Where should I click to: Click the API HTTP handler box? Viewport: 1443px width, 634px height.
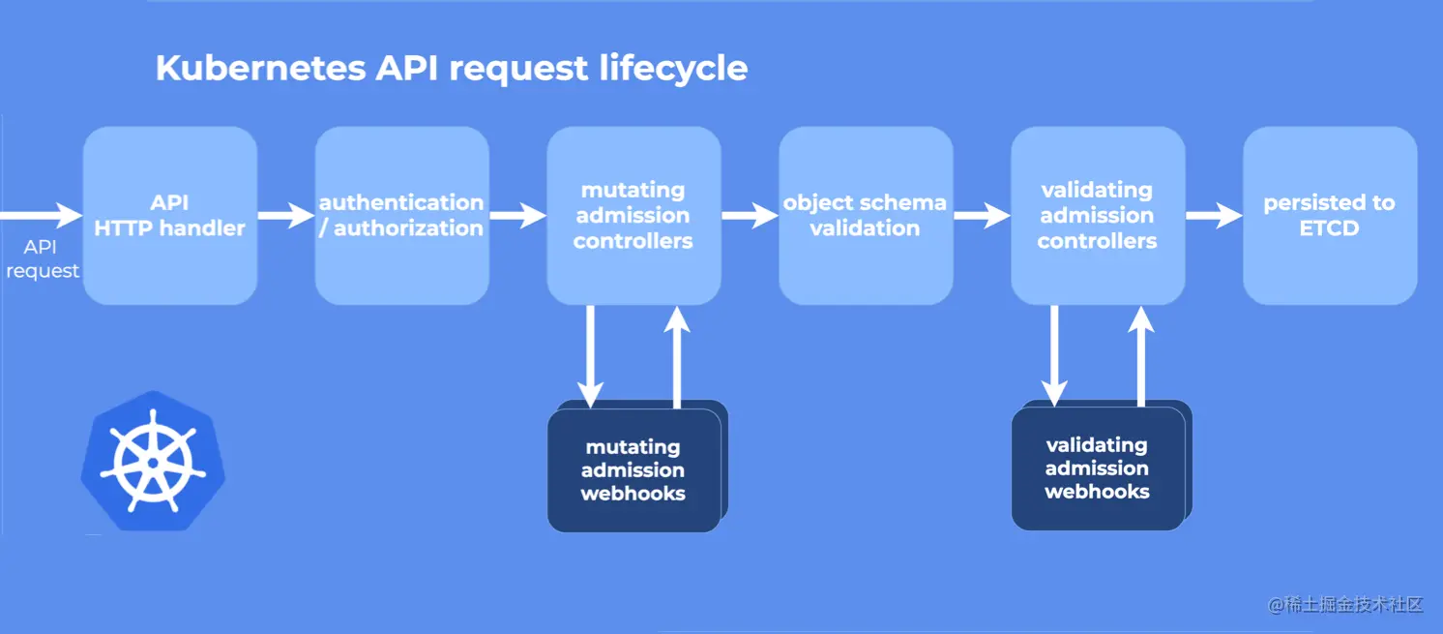tap(170, 216)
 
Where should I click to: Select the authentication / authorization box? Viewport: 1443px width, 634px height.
tap(401, 216)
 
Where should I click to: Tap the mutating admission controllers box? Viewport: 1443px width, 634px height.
tap(633, 216)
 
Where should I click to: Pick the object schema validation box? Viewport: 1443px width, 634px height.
tap(866, 216)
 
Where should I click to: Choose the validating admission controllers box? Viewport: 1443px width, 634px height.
tap(1098, 216)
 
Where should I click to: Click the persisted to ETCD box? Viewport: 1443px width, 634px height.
tap(1330, 216)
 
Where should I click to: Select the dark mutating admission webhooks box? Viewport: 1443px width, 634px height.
tap(633, 470)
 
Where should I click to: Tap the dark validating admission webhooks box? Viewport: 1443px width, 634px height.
tap(1098, 468)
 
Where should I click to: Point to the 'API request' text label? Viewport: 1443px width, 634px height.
tap(42, 259)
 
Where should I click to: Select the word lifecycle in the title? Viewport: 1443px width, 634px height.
tap(673, 69)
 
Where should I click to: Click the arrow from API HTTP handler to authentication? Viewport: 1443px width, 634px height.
tap(286, 216)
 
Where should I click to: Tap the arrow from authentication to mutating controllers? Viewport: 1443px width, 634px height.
tap(517, 216)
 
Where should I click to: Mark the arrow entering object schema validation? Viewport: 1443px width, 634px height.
tap(750, 216)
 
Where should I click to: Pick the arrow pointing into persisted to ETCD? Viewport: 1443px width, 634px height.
tap(1214, 216)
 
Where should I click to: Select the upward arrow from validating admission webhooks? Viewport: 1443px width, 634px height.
tap(1141, 354)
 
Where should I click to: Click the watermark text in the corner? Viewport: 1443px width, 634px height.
tap(1345, 605)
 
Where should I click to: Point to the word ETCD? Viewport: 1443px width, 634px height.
tap(1330, 229)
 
